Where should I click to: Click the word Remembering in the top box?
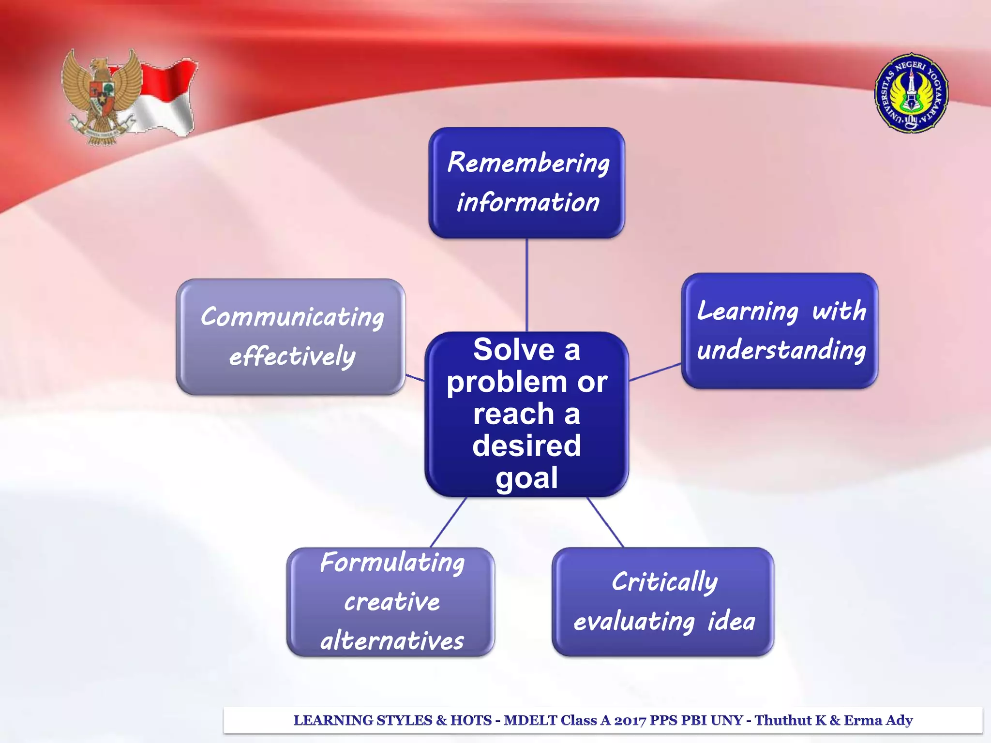click(528, 163)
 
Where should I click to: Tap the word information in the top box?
click(528, 202)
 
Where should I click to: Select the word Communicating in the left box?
click(292, 318)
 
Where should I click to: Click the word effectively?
click(292, 357)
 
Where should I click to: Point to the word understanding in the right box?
click(781, 350)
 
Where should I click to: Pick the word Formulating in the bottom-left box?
click(392, 563)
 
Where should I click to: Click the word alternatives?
click(392, 641)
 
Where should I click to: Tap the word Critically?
click(664, 582)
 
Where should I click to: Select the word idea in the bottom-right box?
click(731, 621)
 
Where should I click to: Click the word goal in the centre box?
click(526, 478)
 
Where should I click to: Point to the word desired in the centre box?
click(526, 446)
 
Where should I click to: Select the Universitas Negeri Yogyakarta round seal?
click(911, 93)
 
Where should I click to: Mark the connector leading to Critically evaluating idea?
click(605, 522)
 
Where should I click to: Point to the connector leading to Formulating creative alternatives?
click(449, 522)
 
